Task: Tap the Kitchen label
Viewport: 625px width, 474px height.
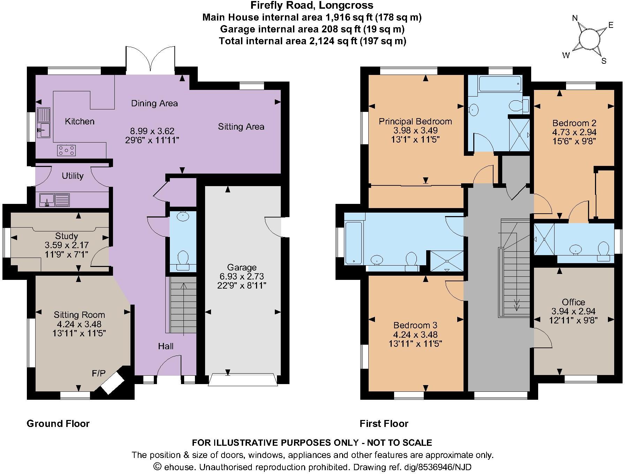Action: [x=80, y=121]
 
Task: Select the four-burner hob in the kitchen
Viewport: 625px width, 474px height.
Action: [x=67, y=150]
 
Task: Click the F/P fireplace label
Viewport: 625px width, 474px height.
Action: [x=98, y=374]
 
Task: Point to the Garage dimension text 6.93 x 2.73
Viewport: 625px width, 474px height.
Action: [x=241, y=277]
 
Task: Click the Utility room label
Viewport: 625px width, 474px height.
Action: [x=73, y=176]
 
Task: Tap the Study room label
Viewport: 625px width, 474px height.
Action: [x=67, y=236]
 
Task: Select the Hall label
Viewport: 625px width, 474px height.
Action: [x=166, y=346]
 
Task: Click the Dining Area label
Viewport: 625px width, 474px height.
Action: [x=154, y=103]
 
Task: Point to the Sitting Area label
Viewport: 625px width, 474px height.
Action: [x=241, y=127]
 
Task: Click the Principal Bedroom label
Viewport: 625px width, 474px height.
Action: [x=415, y=121]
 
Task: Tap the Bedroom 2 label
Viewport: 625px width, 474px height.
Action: [x=574, y=123]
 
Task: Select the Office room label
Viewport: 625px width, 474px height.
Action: [x=573, y=302]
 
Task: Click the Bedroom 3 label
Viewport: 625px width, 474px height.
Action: [x=415, y=325]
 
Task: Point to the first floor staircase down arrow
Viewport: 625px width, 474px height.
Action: [x=517, y=303]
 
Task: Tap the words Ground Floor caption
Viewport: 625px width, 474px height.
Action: [x=58, y=423]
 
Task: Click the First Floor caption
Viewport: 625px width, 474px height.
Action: [x=384, y=423]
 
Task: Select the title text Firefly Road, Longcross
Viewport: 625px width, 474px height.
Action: [x=312, y=5]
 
